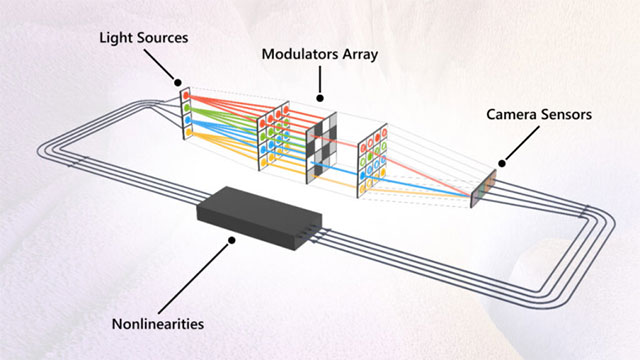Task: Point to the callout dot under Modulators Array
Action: [321, 98]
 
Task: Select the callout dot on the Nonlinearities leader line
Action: [233, 240]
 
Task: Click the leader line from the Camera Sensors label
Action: [515, 146]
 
